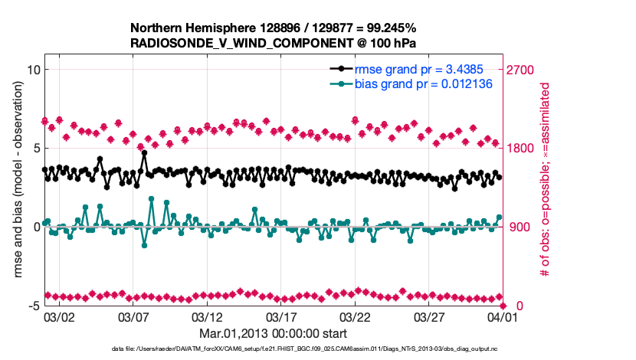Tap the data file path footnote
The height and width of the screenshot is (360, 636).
click(x=304, y=349)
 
